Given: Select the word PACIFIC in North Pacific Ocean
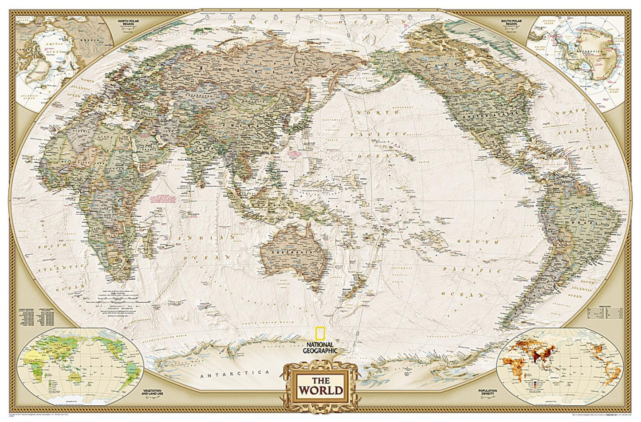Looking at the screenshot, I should [386, 133].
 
